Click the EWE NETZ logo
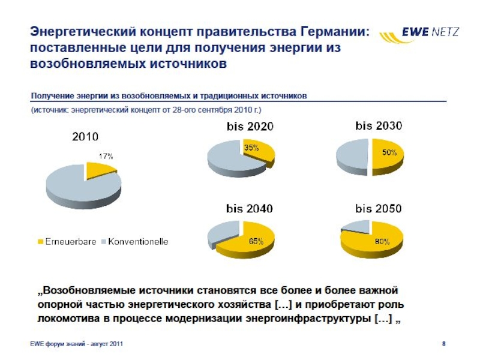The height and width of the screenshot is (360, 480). point(419,36)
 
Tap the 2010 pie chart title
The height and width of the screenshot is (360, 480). point(86,137)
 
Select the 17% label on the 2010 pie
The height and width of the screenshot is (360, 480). point(106,155)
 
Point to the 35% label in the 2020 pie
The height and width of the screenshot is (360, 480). point(251,148)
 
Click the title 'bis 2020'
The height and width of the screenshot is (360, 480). point(250,127)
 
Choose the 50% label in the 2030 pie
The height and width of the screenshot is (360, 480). point(389,153)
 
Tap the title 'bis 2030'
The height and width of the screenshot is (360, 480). point(379,126)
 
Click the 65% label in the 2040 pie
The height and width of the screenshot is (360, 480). point(256,241)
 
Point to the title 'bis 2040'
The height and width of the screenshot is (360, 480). point(250,209)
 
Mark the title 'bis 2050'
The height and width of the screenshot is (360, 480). point(379,209)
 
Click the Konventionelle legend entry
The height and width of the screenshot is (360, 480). point(137,242)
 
